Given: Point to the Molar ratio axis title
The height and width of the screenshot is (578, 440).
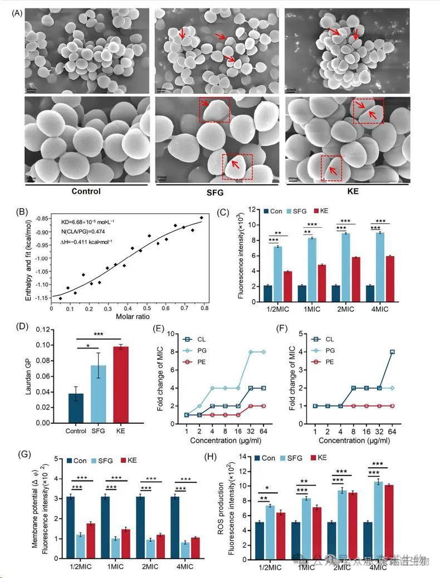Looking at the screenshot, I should [x=132, y=316].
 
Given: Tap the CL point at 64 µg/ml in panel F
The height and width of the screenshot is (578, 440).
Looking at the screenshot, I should [x=393, y=352].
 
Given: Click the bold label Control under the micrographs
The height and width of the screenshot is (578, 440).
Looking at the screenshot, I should [x=86, y=191].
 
